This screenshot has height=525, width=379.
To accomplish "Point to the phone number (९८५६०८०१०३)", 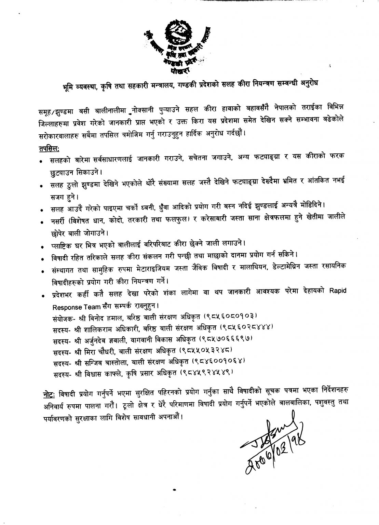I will [230, 314].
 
